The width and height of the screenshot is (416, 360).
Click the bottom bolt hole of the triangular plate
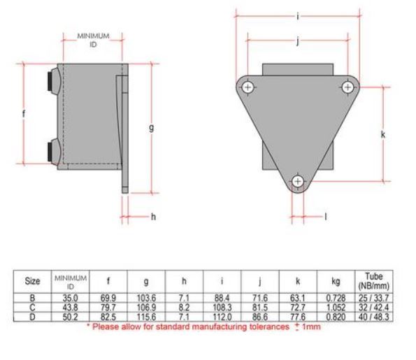coord(299,182)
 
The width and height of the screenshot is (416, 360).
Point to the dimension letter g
coord(151,127)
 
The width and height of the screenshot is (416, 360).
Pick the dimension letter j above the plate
coord(298,41)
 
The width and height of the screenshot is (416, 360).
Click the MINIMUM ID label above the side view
coord(92,40)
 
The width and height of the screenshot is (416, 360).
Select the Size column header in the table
coord(32,281)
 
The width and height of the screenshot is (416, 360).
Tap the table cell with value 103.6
coord(146,296)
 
